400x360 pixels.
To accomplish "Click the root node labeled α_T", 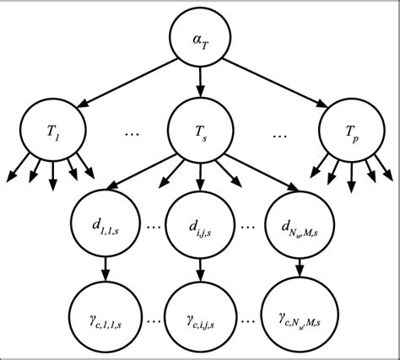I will coord(200,39).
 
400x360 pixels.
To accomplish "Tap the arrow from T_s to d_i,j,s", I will coord(200,177).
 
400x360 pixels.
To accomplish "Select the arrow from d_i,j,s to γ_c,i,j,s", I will coord(200,269).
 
